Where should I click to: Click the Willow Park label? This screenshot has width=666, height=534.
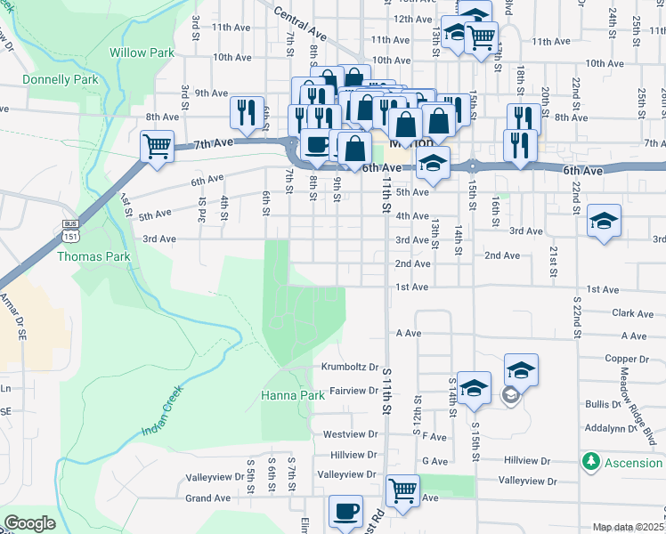(142, 53)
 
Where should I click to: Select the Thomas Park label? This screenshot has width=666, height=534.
(93, 256)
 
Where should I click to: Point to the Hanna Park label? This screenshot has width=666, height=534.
(293, 394)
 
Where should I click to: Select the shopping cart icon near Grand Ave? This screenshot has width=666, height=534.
(402, 489)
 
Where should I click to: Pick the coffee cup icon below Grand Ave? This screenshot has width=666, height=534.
(345, 511)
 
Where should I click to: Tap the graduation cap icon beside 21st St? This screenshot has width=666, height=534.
(604, 222)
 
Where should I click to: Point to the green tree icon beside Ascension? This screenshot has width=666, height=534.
(589, 462)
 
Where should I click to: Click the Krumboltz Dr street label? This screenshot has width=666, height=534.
(350, 367)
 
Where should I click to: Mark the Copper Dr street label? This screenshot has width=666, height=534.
(629, 358)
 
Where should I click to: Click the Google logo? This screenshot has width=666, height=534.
(29, 523)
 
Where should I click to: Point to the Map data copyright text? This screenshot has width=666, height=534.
(628, 527)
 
